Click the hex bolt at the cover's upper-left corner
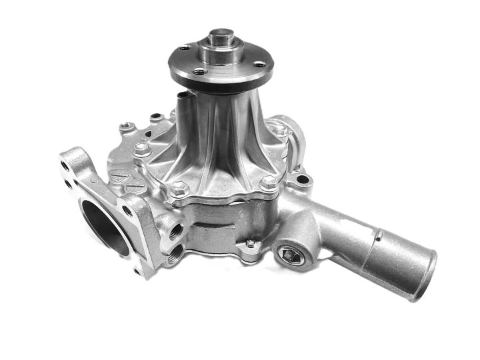(141, 150)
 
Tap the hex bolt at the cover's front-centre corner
(178, 189)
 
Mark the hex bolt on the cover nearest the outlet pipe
(267, 182)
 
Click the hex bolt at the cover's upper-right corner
(281, 132)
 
